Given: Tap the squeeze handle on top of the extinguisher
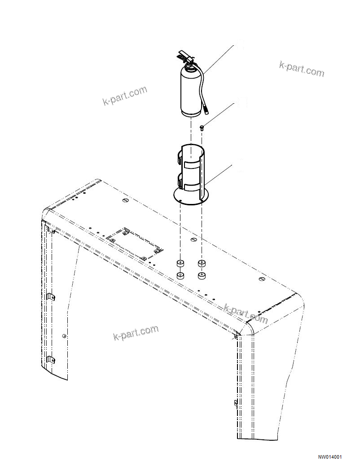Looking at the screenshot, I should pyautogui.click(x=183, y=56).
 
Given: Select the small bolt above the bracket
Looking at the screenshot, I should pyautogui.click(x=202, y=128).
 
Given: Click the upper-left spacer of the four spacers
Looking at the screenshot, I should pyautogui.click(x=180, y=262).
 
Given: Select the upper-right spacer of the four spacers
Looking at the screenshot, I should pyautogui.click(x=202, y=263).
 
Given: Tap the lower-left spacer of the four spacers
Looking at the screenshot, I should pyautogui.click(x=180, y=275).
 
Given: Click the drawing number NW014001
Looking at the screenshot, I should pyautogui.click(x=330, y=457).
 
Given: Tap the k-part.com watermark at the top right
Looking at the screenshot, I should pyautogui.click(x=301, y=69).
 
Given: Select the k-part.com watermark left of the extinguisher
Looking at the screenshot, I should pyautogui.click(x=125, y=95).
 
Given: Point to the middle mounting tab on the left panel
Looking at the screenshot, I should pyautogui.click(x=51, y=297).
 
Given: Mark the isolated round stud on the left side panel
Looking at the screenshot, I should pyautogui.click(x=65, y=336).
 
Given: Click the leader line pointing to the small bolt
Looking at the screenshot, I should pyautogui.click(x=220, y=115).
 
